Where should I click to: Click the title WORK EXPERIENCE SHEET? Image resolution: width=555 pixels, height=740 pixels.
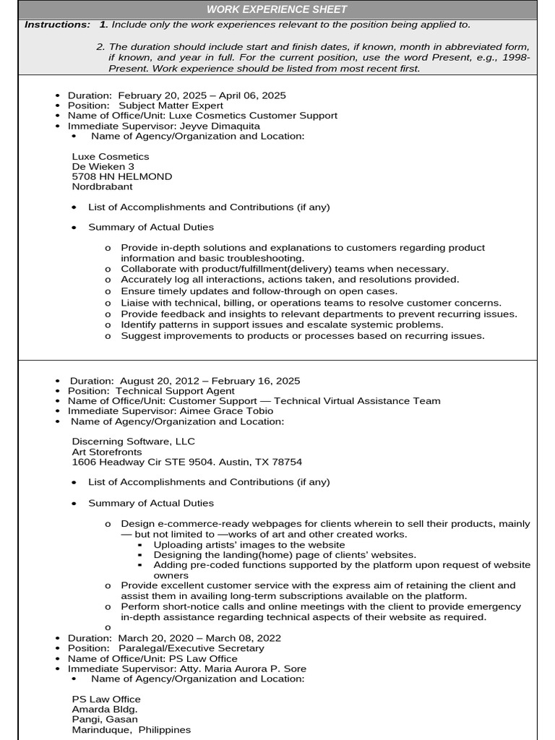(277, 9)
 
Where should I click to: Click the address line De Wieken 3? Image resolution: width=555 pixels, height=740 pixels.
(103, 166)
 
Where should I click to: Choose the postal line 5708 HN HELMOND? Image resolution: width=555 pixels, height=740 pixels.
(122, 176)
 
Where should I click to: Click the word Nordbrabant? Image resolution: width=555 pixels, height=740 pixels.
(103, 186)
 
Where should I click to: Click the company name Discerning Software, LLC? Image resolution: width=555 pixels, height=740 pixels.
(133, 441)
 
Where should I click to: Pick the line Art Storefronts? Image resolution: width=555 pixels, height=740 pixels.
(107, 452)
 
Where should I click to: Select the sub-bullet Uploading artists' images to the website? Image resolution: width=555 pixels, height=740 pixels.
(249, 545)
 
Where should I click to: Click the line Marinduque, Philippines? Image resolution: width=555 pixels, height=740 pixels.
(132, 730)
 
